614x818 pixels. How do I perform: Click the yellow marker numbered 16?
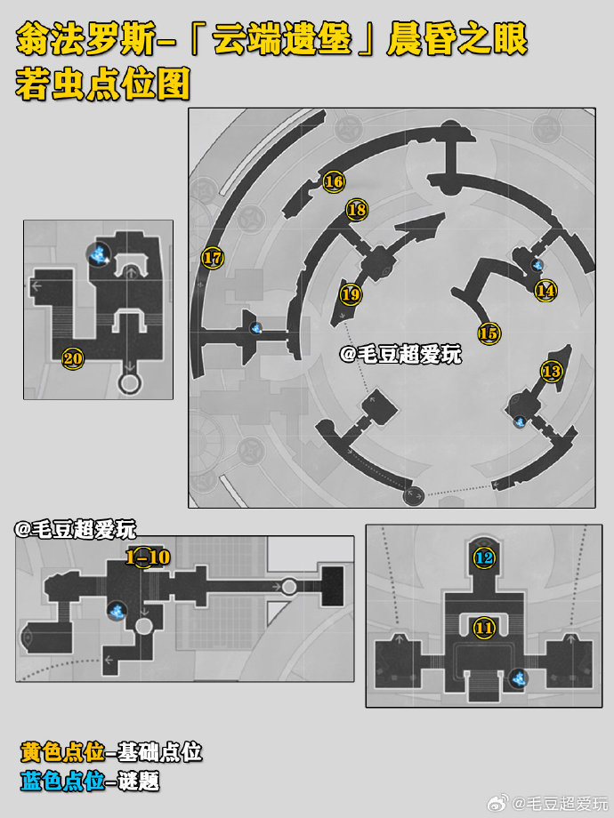334,181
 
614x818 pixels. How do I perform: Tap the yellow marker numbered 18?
357,210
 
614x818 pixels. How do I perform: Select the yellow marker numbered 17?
213,257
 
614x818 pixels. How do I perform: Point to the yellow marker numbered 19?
351,295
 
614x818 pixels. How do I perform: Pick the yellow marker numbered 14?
545,290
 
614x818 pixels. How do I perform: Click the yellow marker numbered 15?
489,333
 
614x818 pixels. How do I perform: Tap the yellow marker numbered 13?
552,372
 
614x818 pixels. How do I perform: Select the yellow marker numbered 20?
73,358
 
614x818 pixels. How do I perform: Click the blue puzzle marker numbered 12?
484,558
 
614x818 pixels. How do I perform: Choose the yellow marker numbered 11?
484,628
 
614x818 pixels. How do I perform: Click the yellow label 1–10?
149,557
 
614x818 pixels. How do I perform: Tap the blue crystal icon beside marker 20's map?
98,254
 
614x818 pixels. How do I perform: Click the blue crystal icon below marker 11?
519,678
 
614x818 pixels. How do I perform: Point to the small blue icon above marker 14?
537,265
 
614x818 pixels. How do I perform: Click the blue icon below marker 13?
520,421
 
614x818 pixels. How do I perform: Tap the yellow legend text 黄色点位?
62,751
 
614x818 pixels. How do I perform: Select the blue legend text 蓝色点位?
62,781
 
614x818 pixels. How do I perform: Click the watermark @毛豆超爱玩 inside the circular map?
401,355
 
